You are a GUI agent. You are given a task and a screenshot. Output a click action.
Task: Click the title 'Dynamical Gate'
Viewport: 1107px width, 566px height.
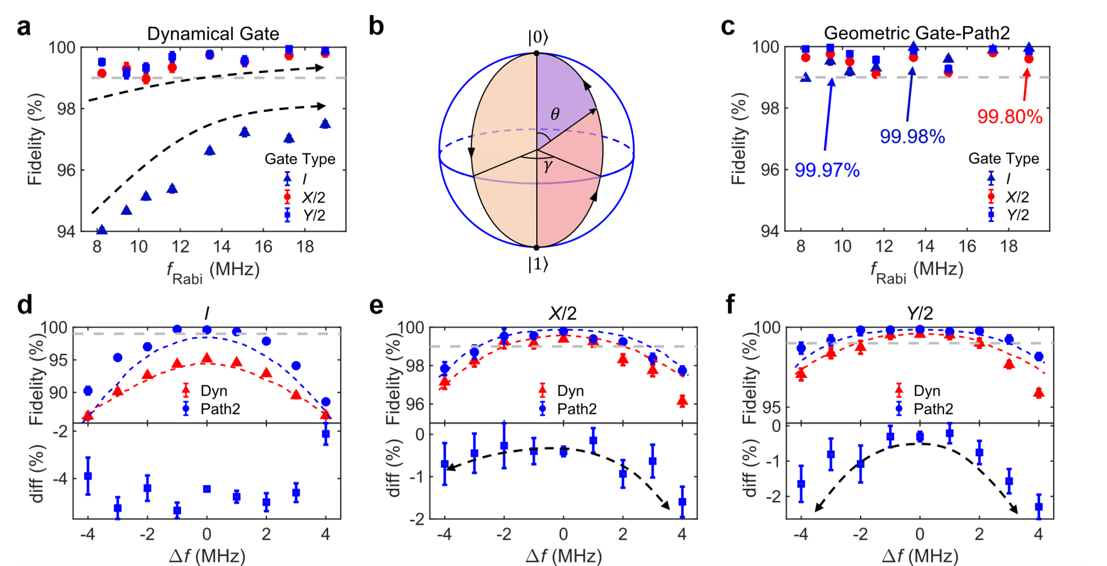pyautogui.click(x=213, y=33)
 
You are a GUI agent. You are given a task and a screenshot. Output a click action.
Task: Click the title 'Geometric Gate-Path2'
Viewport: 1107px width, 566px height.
pyautogui.click(x=916, y=33)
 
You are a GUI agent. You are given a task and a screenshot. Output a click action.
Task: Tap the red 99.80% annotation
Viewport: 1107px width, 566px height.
pyautogui.click(x=1009, y=117)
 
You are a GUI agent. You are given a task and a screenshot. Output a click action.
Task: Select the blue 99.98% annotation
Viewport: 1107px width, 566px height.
pyautogui.click(x=912, y=137)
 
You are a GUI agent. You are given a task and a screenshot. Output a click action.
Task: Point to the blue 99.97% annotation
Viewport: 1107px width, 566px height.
pyautogui.click(x=826, y=171)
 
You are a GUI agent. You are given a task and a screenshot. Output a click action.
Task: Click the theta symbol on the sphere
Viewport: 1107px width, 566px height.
pyautogui.click(x=555, y=114)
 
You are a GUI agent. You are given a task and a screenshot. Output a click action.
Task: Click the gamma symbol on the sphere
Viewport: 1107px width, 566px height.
pyautogui.click(x=548, y=166)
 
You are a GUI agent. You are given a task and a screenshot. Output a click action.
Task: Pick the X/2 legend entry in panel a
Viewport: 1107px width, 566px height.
pyautogui.click(x=312, y=197)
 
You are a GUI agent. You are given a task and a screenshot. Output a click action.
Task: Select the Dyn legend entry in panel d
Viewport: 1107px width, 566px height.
pyautogui.click(x=213, y=390)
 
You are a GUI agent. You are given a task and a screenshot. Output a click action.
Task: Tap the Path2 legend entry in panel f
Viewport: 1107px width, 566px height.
pyautogui.click(x=932, y=409)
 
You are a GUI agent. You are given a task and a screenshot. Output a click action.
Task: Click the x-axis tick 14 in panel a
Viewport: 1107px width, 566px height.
pyautogui.click(x=222, y=247)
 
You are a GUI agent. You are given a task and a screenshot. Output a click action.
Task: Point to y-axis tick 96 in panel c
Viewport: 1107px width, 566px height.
pyautogui.click(x=770, y=170)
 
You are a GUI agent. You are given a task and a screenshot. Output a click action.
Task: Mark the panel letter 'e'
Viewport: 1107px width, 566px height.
pyautogui.click(x=376, y=306)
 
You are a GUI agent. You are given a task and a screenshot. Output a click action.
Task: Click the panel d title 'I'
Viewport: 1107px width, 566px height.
pyautogui.click(x=206, y=313)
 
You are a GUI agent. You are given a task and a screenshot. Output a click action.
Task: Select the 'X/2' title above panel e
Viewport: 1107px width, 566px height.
pyautogui.click(x=563, y=313)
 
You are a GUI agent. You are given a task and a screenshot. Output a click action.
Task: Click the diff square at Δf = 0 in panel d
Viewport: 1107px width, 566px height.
pyautogui.click(x=206, y=489)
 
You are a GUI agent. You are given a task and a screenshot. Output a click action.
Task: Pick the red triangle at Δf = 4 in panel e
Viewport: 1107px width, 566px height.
pyautogui.click(x=682, y=401)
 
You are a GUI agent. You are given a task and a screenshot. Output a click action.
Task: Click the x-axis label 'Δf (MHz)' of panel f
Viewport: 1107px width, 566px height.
pyautogui.click(x=919, y=556)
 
